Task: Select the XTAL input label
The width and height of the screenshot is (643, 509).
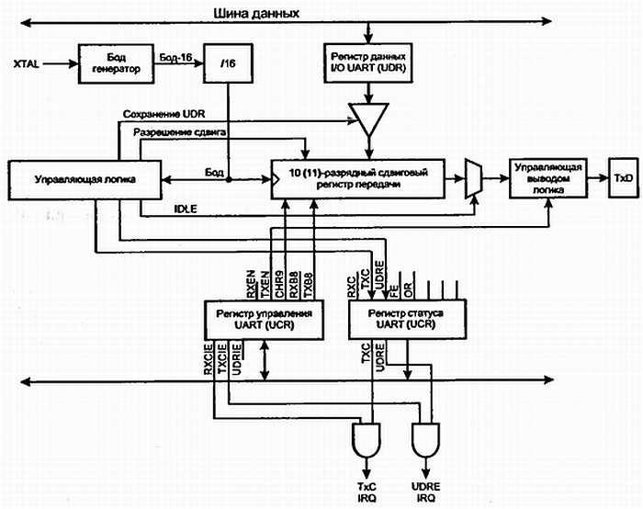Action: point(28,64)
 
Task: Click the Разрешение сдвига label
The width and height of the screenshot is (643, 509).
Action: point(179,133)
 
